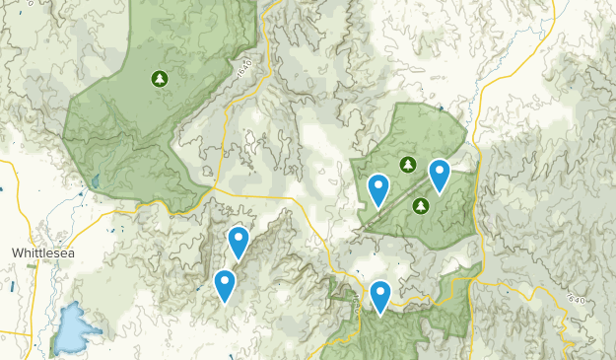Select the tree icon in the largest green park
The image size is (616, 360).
point(159,78)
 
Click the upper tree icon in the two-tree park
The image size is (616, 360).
point(405,163)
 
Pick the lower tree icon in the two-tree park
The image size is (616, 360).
point(421,205)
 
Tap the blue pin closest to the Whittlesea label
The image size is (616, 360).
point(226,286)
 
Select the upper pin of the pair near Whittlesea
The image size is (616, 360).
point(238,242)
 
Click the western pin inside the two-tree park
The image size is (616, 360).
point(378,189)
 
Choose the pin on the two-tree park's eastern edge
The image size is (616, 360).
point(440,175)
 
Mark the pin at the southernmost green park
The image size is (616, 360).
point(379,297)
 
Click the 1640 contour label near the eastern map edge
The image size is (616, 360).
point(577,293)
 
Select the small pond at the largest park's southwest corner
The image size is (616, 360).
point(96,181)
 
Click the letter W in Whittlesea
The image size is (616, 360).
point(17,253)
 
